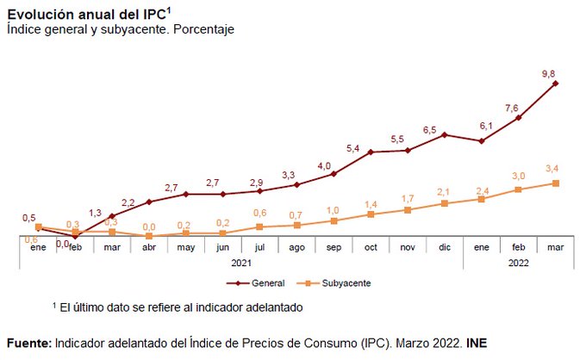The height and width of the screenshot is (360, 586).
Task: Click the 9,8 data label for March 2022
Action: pos(548,75)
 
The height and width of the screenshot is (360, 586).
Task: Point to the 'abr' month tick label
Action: pos(149,247)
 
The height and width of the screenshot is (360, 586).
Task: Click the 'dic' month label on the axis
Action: pos(445,247)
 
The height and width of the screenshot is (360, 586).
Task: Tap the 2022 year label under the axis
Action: pos(518,264)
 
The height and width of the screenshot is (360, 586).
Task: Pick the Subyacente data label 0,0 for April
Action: pos(149,226)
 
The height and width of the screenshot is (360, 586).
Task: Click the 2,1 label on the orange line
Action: pos(444,191)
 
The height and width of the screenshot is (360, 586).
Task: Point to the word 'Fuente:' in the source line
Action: pos(28,342)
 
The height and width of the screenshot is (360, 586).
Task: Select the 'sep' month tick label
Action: pos(334,247)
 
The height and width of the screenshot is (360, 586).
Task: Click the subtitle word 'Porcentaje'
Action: pos(206,28)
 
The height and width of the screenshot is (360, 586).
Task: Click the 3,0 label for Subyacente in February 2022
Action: pos(518,177)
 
